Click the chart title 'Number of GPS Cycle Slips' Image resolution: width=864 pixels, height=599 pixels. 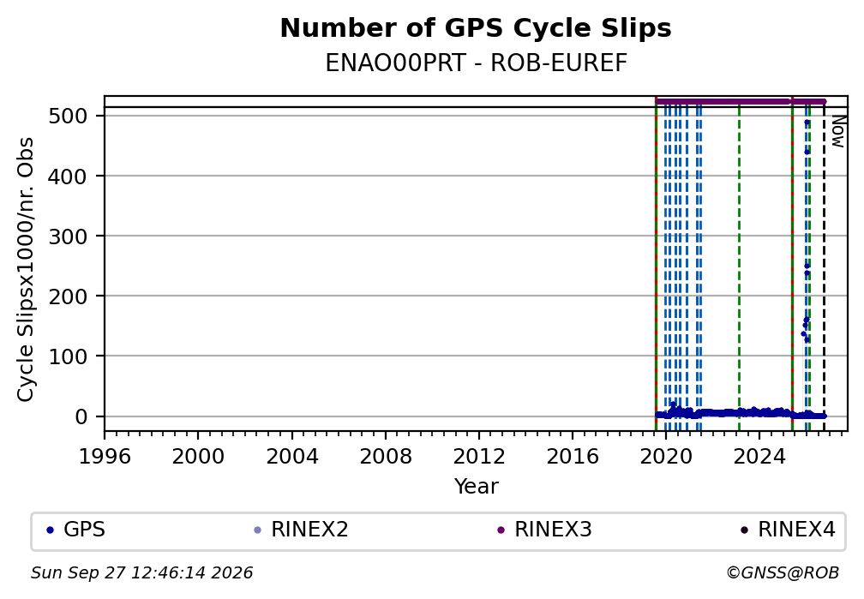(476, 28)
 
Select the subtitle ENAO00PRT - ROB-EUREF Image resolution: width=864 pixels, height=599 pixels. (476, 63)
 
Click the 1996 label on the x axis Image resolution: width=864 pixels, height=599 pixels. (105, 457)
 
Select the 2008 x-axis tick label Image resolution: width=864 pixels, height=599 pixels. (385, 457)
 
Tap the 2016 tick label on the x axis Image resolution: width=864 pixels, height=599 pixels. (573, 457)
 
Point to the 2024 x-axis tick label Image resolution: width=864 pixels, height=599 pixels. (759, 457)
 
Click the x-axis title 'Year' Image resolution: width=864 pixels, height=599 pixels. (476, 487)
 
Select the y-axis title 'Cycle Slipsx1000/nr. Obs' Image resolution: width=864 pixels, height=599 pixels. (26, 269)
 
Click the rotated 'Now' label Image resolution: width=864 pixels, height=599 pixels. (837, 131)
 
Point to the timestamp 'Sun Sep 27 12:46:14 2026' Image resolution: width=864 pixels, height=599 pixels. (141, 573)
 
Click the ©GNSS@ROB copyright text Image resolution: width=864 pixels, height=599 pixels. (783, 573)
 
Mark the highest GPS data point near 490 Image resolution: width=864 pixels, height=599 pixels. (807, 123)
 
